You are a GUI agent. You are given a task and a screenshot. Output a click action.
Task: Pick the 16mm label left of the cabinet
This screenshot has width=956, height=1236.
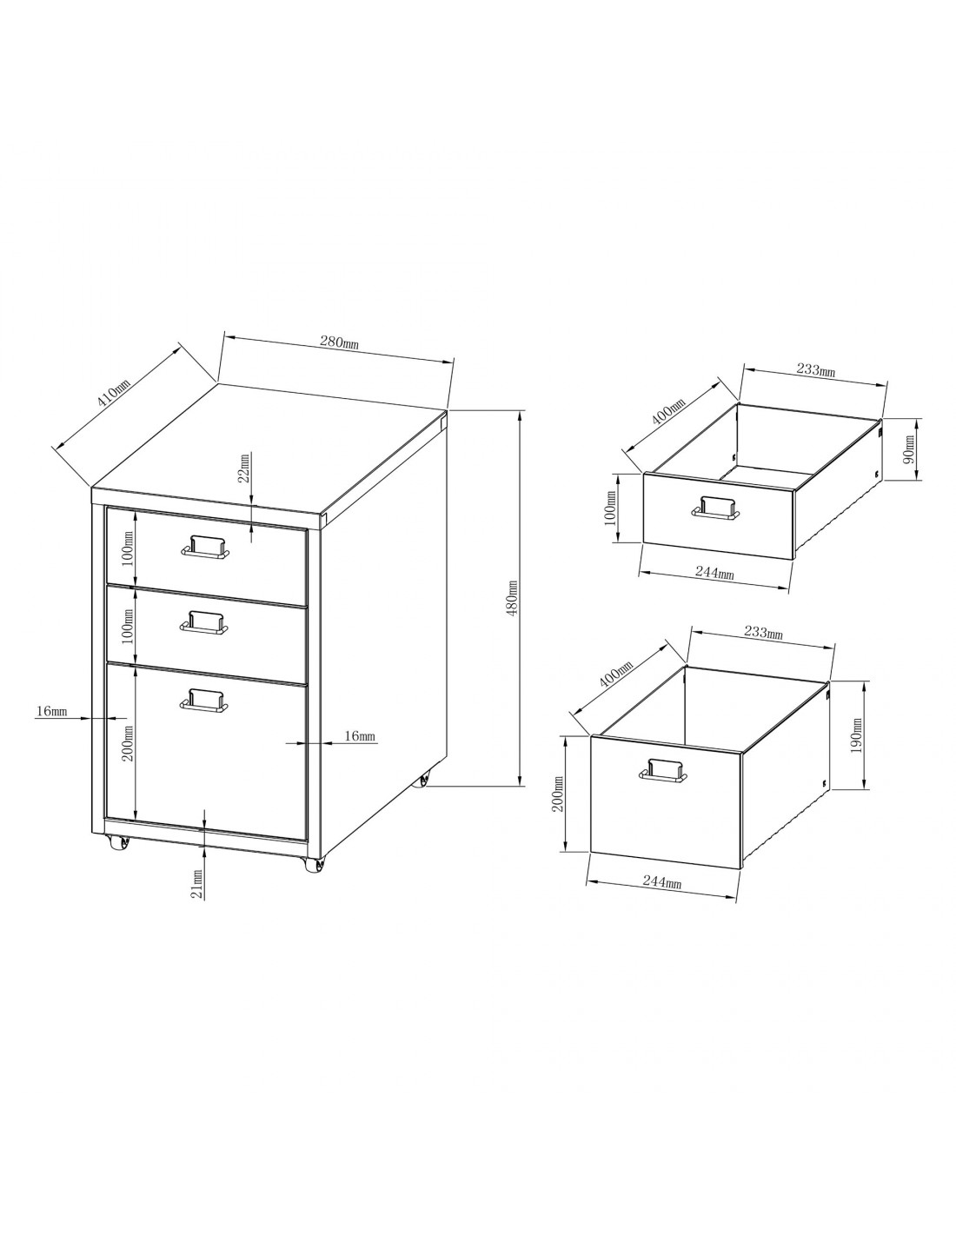[x=52, y=711]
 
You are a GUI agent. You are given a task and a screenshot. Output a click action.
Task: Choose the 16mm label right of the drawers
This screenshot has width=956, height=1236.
[x=360, y=736]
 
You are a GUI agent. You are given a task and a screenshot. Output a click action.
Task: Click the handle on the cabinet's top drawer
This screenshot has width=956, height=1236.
[x=205, y=548]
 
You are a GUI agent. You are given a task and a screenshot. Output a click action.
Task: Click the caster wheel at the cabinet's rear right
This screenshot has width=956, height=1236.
[x=422, y=781]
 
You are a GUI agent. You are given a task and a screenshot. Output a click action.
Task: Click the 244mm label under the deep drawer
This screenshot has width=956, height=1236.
[x=662, y=881]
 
